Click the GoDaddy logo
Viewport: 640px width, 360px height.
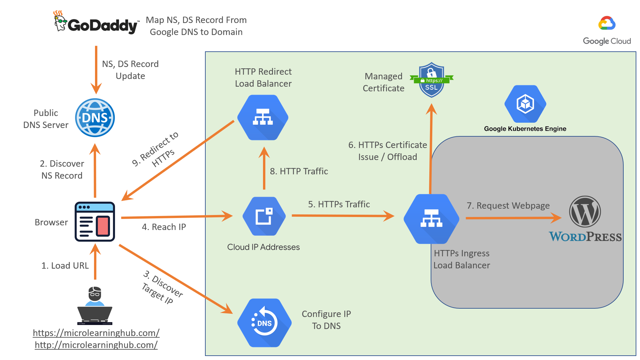pos(96,23)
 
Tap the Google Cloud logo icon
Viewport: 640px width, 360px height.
pos(607,23)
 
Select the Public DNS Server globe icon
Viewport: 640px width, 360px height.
pos(95,118)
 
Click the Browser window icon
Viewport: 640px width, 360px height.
pos(95,222)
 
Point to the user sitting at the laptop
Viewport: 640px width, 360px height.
pos(95,305)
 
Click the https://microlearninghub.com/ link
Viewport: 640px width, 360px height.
pos(96,333)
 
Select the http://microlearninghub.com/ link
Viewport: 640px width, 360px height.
pos(96,345)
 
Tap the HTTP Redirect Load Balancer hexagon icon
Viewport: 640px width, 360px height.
pos(263,117)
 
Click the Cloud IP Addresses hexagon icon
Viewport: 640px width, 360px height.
pos(264,216)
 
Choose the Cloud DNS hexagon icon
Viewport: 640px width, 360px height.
pos(264,323)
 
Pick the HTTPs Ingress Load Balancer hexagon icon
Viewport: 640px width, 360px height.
pos(431,219)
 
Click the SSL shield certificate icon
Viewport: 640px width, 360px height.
pos(431,80)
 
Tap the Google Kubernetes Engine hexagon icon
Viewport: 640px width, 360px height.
pos(525,104)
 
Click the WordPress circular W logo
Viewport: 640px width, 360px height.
pos(585,212)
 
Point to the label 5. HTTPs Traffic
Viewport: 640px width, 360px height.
pos(339,204)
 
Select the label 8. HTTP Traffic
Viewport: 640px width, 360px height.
pos(299,171)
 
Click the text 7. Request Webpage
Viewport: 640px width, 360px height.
pos(508,205)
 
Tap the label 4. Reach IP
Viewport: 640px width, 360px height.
pos(164,227)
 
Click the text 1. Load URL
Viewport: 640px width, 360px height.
pos(65,265)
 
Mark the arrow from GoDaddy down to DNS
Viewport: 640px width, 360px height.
pos(96,70)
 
